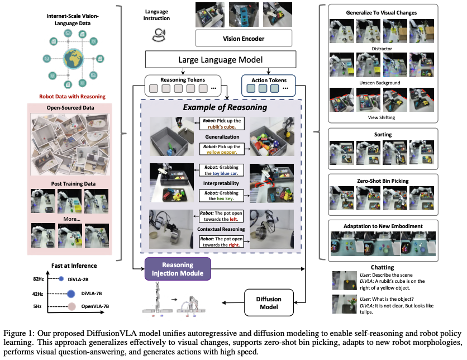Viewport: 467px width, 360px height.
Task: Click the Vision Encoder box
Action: click(x=244, y=38)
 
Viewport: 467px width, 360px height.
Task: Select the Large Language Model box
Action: click(x=218, y=60)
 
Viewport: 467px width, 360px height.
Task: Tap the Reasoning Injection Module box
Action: click(x=178, y=269)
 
